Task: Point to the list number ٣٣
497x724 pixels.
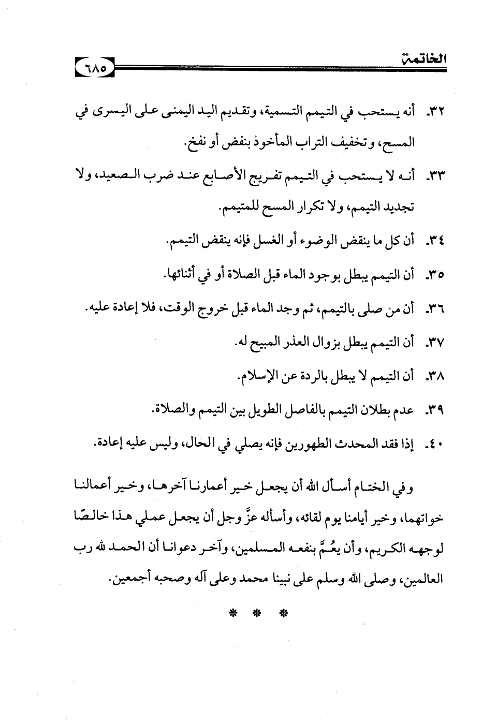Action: click(x=433, y=179)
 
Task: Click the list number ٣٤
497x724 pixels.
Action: click(x=433, y=241)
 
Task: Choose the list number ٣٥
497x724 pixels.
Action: click(x=433, y=275)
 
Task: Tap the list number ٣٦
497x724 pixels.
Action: click(x=433, y=309)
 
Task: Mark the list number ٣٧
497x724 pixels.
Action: click(x=433, y=343)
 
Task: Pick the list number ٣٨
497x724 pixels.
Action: click(x=433, y=377)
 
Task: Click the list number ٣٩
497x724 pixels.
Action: click(x=433, y=411)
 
